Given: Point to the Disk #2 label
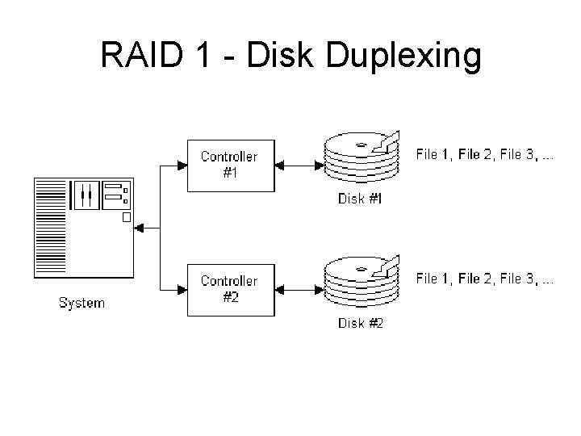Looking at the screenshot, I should (x=360, y=325).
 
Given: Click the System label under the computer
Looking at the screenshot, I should (x=82, y=304).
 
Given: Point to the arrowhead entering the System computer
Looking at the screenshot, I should (x=138, y=228).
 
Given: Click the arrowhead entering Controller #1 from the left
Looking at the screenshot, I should (x=179, y=166).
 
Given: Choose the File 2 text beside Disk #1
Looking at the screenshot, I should (x=479, y=154).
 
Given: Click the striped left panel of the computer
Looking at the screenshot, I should (x=50, y=228).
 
